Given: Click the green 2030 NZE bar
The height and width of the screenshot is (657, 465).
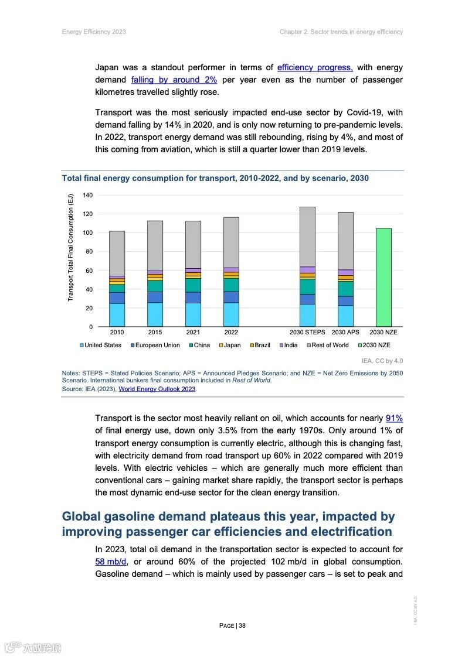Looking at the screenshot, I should tap(383, 277).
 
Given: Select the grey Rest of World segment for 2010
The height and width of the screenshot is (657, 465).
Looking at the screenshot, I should tap(117, 253).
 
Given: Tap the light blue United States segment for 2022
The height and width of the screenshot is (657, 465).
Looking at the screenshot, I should tap(231, 314).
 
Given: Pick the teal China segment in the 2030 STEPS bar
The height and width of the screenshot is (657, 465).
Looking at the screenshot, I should tap(307, 286).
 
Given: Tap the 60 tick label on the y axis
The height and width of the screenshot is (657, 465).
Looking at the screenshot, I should tap(89, 271).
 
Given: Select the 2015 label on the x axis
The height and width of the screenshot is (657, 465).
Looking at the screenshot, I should tap(155, 332).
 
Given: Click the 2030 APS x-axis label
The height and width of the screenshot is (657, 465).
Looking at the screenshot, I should tap(345, 332).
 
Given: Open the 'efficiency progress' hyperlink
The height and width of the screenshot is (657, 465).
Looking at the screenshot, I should tap(315, 67).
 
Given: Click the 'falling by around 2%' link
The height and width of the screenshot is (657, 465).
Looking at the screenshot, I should tap(174, 80).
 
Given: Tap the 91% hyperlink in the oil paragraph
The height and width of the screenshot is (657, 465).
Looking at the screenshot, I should tap(394, 418).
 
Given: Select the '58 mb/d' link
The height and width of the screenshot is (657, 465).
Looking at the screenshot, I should tap(111, 562).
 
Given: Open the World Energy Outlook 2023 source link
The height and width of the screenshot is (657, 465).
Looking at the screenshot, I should tap(157, 389).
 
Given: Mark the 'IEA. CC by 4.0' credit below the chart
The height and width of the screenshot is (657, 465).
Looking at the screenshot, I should tap(382, 361).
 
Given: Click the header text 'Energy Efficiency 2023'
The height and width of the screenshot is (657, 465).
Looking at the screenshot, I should tap(94, 32).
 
